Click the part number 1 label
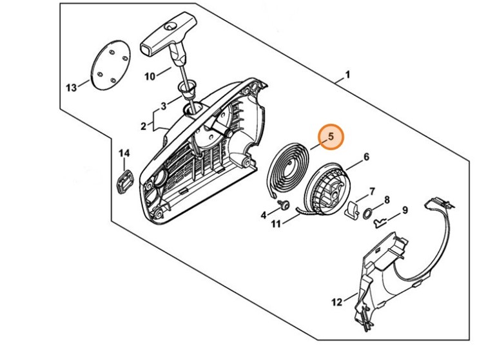[x=348, y=75]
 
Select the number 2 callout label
[x=143, y=126]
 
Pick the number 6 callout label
[x=366, y=156]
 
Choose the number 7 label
[x=372, y=191]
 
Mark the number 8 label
[x=387, y=200]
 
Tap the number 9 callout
[x=404, y=210]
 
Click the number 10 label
[x=150, y=76]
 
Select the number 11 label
[x=276, y=225]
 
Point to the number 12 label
[x=336, y=300]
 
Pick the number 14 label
[x=124, y=153]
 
